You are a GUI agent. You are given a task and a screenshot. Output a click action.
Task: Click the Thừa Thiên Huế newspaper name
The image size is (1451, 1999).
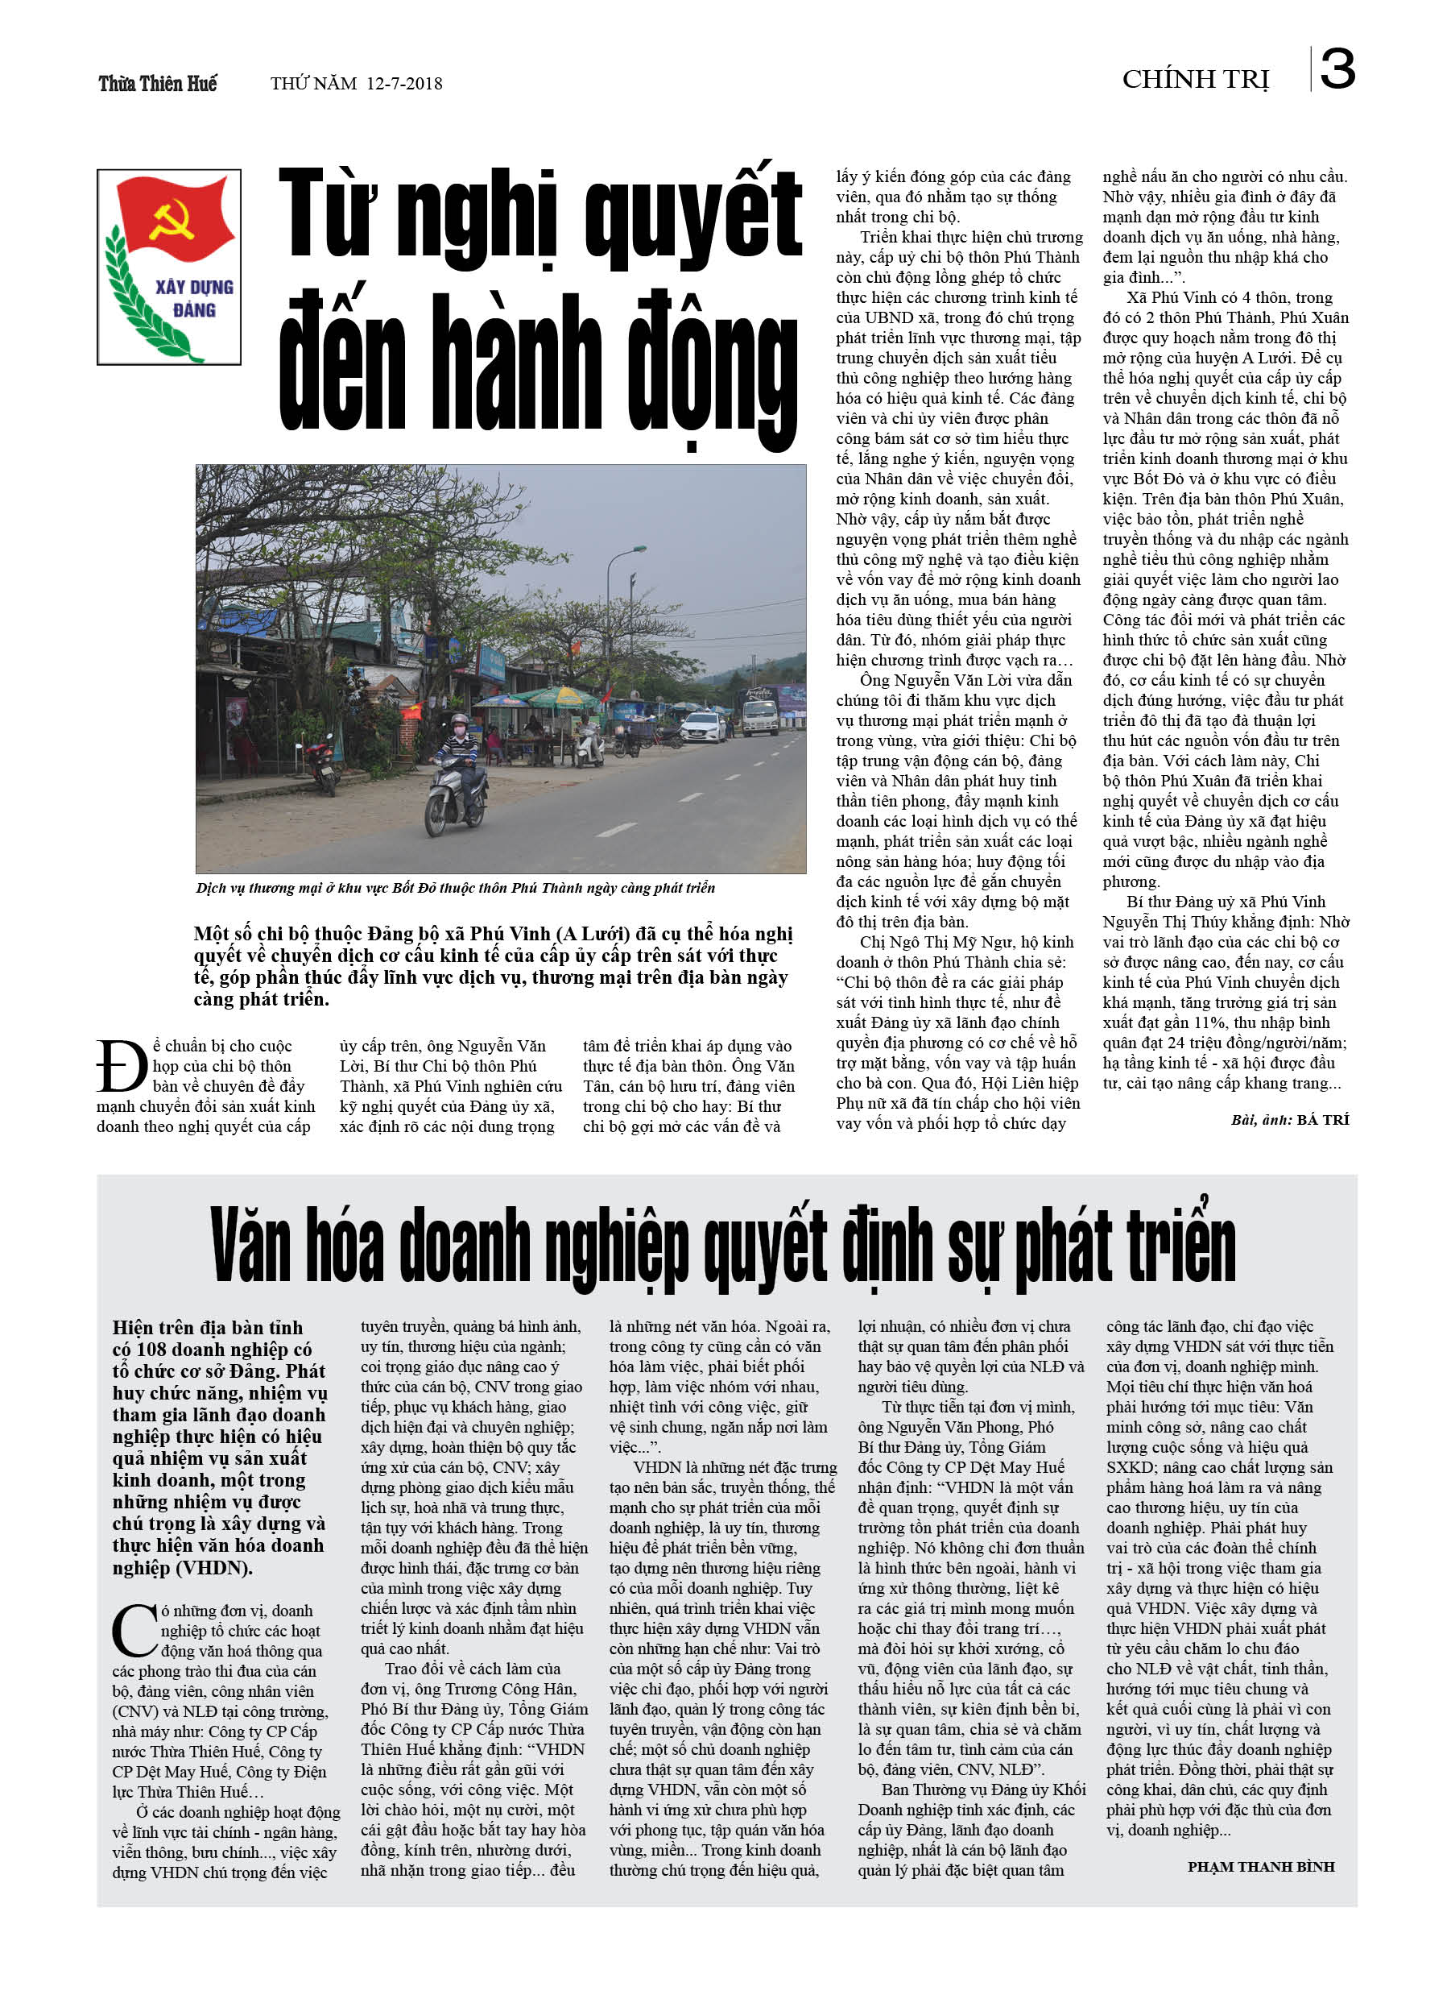click(x=158, y=84)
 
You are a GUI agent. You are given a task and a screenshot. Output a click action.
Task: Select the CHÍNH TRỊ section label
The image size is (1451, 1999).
click(x=1195, y=79)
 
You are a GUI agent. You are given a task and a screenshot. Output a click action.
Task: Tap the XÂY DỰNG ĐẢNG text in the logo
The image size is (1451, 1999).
click(x=194, y=299)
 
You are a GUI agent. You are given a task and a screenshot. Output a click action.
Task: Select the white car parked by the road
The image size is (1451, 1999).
click(x=702, y=725)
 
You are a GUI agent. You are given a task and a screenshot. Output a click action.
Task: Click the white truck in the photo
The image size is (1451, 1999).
click(x=760, y=712)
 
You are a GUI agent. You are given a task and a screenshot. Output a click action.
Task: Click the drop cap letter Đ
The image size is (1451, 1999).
click(x=122, y=1067)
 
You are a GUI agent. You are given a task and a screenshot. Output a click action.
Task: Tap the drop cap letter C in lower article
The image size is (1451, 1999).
click(x=134, y=1630)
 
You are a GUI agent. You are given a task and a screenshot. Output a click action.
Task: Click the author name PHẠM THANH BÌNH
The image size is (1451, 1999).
click(x=1260, y=1867)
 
